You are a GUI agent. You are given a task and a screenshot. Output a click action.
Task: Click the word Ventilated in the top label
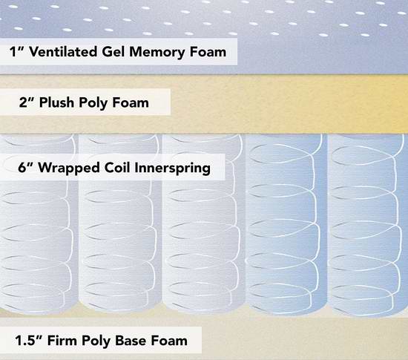coord(63,51)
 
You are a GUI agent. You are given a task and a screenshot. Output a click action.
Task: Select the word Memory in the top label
coord(157,53)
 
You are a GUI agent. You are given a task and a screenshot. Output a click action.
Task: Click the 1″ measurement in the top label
coord(16,51)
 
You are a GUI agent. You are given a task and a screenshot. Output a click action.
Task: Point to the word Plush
coord(56,102)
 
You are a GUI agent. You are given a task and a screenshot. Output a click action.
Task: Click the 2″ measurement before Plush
coord(27,102)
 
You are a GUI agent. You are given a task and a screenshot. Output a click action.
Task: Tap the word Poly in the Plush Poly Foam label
coord(93,103)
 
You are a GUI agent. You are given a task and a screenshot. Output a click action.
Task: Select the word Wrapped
coord(69,168)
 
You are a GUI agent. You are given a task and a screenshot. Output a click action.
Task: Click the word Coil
coord(117,167)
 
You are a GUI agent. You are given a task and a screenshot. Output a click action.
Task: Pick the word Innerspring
coord(172,168)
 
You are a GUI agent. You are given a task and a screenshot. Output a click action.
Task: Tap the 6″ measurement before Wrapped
coord(26,167)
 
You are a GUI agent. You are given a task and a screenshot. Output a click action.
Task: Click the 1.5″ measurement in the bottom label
coord(29,340)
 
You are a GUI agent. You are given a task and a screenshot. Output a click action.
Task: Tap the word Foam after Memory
coord(208,51)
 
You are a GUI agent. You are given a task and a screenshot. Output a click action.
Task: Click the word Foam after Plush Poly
coord(131,102)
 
